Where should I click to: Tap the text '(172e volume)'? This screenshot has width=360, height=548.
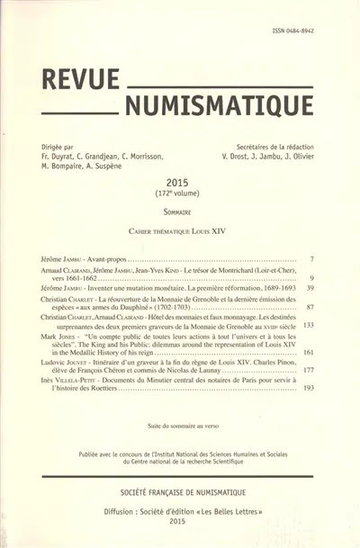[x=178, y=193]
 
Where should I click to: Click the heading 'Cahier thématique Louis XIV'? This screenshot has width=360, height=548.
[x=178, y=231]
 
